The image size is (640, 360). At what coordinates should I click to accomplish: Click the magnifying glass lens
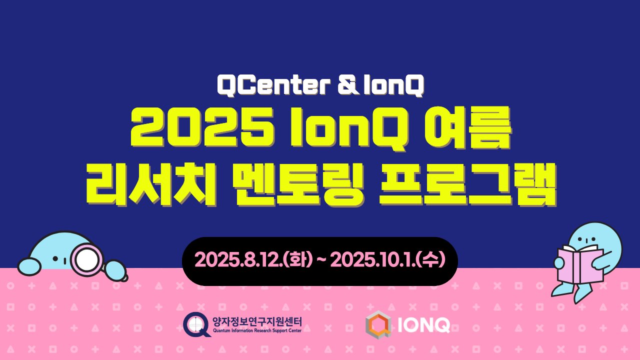click(87, 258)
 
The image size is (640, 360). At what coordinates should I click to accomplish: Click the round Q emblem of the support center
click(196, 324)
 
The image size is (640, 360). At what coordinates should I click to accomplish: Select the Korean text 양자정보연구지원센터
click(256, 321)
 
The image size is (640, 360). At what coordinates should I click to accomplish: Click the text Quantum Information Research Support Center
click(256, 330)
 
